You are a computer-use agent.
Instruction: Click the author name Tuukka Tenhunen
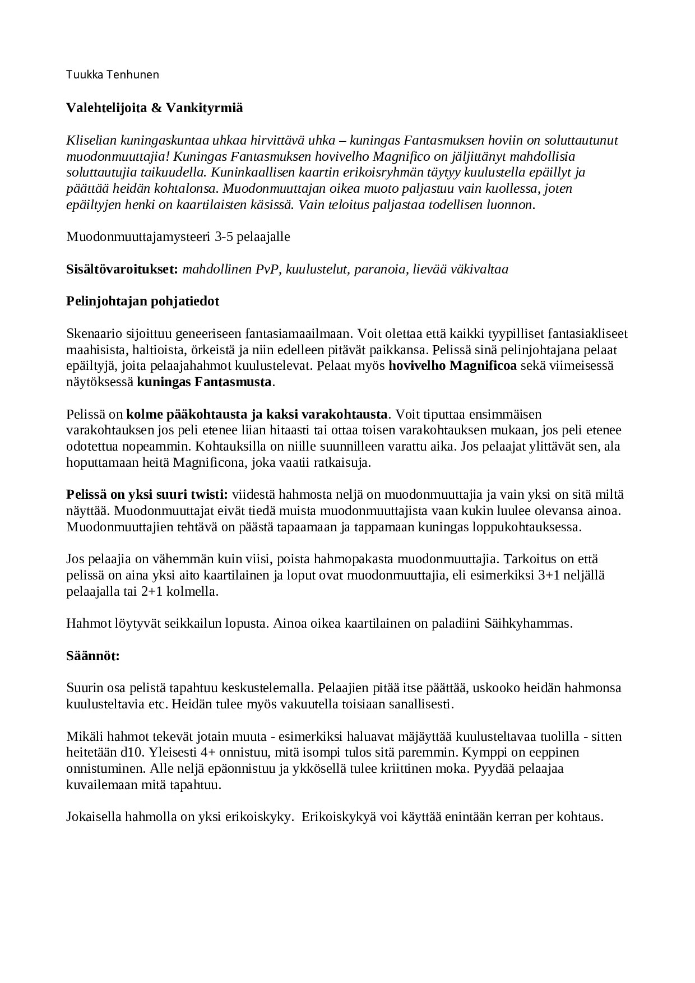(x=113, y=75)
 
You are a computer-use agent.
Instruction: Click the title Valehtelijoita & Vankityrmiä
(x=155, y=108)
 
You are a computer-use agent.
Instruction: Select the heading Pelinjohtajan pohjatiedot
(x=143, y=301)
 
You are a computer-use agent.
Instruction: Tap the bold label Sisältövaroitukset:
(x=122, y=269)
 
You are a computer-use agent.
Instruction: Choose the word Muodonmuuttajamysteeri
(x=138, y=237)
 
